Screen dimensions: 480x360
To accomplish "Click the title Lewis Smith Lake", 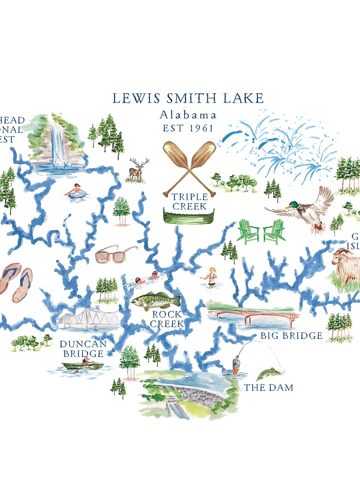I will [188, 98].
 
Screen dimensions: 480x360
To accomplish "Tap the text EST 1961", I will [188, 128].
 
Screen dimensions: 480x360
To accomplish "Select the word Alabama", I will [188, 115].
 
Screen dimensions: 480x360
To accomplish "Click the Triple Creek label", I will [190, 201].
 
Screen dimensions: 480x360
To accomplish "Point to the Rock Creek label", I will [167, 319].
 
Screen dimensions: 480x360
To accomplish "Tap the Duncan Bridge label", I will [83, 349].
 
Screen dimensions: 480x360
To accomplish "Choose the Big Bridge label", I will [291, 336].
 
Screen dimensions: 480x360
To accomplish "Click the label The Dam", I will [268, 388].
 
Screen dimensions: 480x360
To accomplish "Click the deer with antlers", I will [138, 170].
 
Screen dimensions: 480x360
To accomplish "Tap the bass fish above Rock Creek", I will [156, 301].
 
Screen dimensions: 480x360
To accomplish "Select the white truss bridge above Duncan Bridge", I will [88, 318].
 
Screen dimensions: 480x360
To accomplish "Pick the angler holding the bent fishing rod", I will [236, 364].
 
